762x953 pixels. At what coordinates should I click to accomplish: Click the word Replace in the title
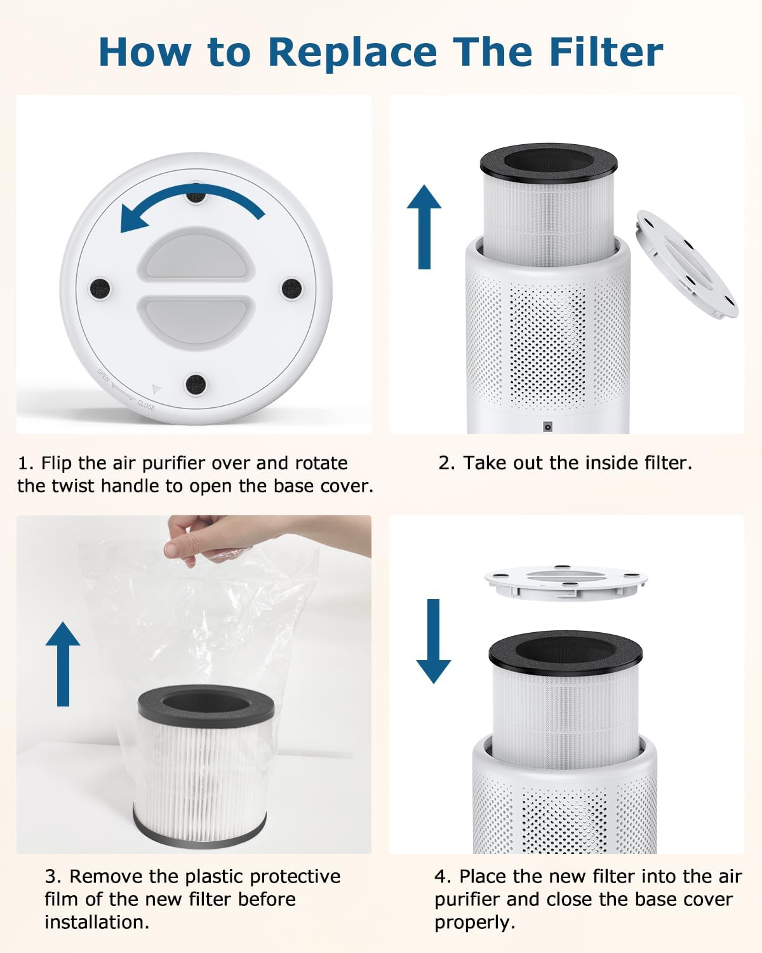352,52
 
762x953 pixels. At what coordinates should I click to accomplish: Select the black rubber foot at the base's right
291,288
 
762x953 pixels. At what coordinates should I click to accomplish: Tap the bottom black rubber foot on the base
195,384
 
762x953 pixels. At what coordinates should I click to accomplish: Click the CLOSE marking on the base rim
146,405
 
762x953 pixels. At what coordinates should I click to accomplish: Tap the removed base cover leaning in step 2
687,264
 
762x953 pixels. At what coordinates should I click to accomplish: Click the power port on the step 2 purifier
546,427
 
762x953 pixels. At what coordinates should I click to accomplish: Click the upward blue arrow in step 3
63,664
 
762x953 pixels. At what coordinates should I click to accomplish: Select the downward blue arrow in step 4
433,642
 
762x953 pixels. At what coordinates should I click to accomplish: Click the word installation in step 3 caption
97,922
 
